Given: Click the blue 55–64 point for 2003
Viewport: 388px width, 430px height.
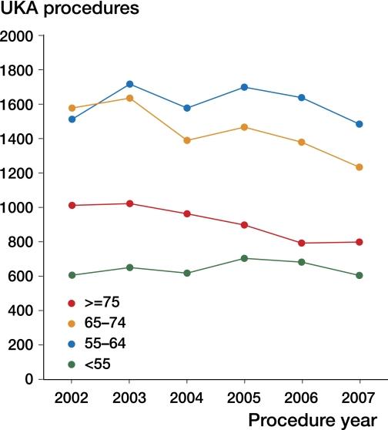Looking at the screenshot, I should [129, 84].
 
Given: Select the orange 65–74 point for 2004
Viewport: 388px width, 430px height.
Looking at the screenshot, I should [187, 140].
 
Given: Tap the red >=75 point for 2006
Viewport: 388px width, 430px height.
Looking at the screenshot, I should [302, 244].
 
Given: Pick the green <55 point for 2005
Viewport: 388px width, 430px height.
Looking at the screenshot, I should [244, 258].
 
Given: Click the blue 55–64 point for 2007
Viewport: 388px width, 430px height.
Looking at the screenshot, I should [360, 124].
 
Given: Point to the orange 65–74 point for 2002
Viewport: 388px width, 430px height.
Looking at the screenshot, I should [72, 108].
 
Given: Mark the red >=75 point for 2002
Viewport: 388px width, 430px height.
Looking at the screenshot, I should [72, 206].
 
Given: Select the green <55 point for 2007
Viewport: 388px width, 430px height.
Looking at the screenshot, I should [360, 275].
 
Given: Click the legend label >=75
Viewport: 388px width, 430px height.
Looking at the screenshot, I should [108, 304].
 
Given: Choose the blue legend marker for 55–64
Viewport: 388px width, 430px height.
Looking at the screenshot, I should [72, 342].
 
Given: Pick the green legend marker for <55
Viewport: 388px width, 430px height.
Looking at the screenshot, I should [72, 361].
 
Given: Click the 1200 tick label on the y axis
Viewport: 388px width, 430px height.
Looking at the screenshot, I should [18, 173].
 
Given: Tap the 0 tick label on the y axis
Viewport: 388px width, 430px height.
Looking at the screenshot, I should [28, 379].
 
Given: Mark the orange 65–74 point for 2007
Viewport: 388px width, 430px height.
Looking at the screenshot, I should [360, 167].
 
